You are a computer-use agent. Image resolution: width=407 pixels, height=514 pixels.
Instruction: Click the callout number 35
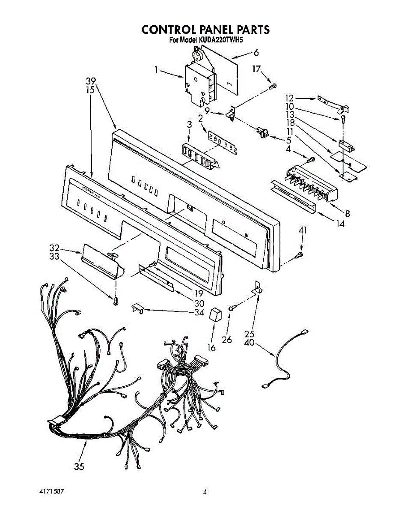pos(79,467)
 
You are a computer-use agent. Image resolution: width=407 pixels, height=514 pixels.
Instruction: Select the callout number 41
pos(303,231)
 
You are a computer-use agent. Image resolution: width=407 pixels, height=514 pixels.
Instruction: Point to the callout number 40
pos(250,343)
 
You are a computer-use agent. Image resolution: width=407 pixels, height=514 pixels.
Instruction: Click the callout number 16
pos(211,347)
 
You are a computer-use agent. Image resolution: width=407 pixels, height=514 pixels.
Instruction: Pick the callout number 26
pos(227,340)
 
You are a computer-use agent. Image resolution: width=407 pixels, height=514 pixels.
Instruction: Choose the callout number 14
pos(340,223)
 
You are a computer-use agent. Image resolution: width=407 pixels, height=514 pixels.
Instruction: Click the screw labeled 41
pos(299,256)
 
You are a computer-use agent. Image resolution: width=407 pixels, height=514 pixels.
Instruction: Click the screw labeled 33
pos(116,302)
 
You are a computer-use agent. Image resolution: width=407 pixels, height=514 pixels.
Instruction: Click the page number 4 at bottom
pos(205,493)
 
